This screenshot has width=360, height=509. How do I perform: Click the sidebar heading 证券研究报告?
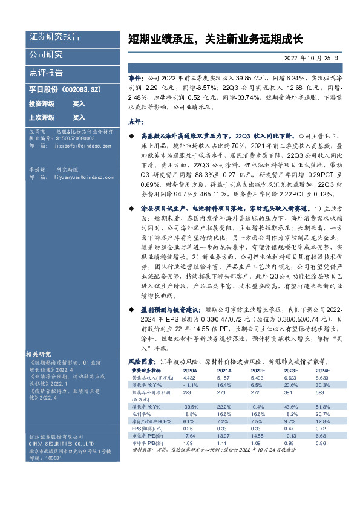point(54,37)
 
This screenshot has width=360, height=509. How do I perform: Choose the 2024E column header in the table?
point(322,370)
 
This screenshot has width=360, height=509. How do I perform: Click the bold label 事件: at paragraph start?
point(136,78)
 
